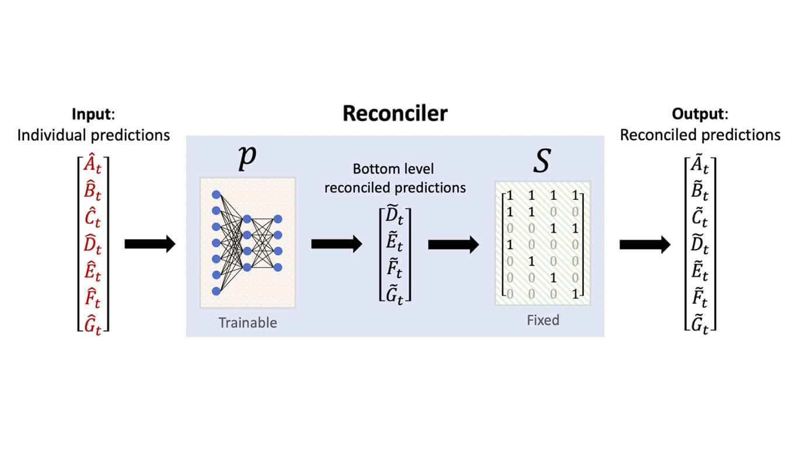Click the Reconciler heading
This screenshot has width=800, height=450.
coord(395,113)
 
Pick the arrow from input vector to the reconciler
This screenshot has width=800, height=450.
coord(149,244)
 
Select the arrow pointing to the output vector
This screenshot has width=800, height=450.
coord(645,244)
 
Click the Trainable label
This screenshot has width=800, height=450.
coord(248,323)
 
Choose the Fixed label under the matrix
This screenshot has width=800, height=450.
coord(542,320)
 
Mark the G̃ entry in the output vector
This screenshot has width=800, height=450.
coord(700,320)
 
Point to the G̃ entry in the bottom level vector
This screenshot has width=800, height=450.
coord(395,290)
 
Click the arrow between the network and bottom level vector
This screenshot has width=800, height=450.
coord(336,244)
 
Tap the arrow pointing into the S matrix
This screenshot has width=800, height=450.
coord(453,244)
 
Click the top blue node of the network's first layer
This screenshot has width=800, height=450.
coord(216,194)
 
